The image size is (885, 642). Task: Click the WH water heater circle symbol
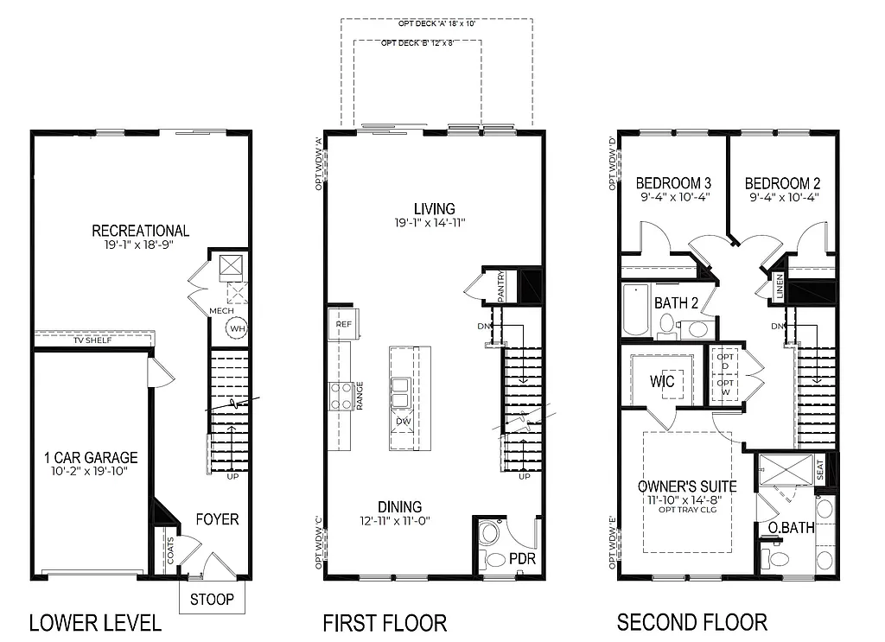click(236, 328)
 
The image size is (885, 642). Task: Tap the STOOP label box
click(212, 599)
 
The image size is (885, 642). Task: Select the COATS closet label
click(169, 554)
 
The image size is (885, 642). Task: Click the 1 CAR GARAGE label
click(91, 458)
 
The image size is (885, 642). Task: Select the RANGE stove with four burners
click(341, 396)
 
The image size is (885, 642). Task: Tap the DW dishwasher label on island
click(403, 422)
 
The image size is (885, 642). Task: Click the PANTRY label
click(500, 287)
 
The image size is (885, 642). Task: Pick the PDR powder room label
click(522, 559)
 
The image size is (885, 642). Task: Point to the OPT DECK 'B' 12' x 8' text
click(418, 42)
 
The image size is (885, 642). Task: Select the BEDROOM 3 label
click(673, 183)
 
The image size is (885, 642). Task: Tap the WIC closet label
click(662, 381)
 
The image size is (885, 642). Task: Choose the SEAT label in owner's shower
click(820, 470)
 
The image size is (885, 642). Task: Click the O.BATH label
click(791, 527)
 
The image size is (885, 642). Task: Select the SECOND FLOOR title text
click(691, 622)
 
